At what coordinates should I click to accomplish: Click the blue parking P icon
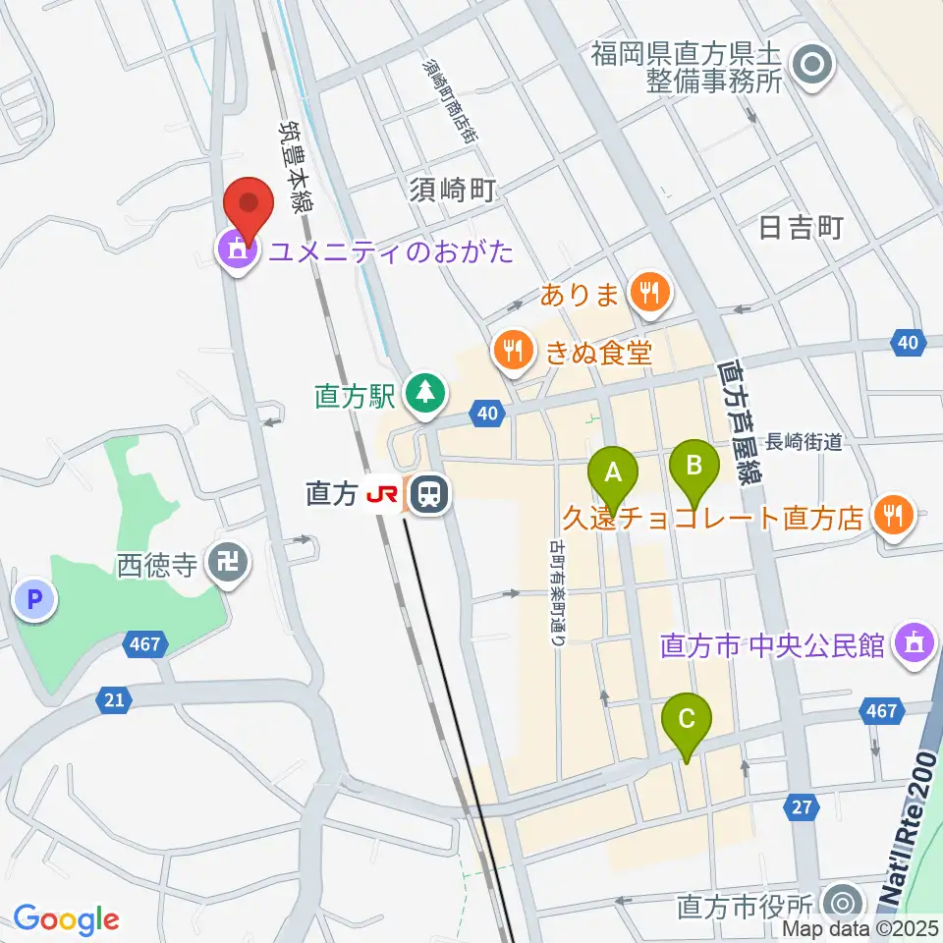[x=35, y=598]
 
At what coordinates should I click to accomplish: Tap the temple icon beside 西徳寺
[x=234, y=563]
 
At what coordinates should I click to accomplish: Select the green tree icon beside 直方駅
[x=425, y=394]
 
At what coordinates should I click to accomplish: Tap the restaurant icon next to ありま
[x=649, y=290]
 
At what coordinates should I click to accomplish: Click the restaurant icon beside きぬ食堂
[x=512, y=348]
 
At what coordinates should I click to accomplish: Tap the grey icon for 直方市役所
[x=842, y=902]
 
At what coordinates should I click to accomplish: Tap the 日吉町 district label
[x=803, y=229]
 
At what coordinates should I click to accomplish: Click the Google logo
[x=66, y=920]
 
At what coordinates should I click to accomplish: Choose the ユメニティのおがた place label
[x=391, y=252]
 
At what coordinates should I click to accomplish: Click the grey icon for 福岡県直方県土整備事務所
[x=814, y=67]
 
